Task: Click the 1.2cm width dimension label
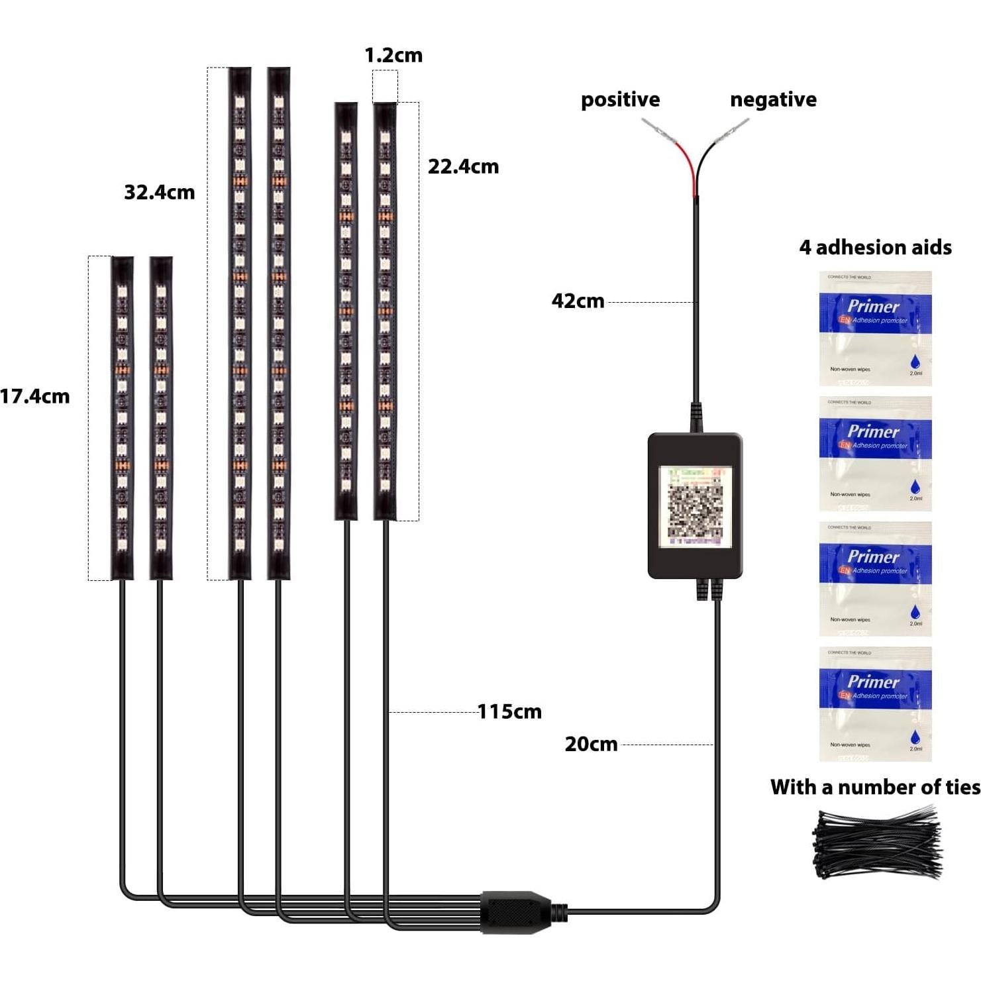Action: click(393, 55)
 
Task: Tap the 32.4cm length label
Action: click(160, 192)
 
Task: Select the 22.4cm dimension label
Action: click(463, 166)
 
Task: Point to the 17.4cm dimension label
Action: click(35, 396)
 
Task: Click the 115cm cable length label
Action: click(509, 711)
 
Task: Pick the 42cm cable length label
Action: click(578, 301)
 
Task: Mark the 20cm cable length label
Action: click(591, 744)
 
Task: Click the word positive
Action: click(620, 99)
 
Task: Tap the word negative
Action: click(773, 99)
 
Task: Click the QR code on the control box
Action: click(695, 506)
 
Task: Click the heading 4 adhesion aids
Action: click(875, 247)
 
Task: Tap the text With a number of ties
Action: click(875, 787)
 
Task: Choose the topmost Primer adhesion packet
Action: click(875, 329)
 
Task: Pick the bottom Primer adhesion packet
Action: click(875, 703)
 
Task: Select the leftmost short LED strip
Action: click(122, 417)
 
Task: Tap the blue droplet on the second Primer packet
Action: click(915, 486)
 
